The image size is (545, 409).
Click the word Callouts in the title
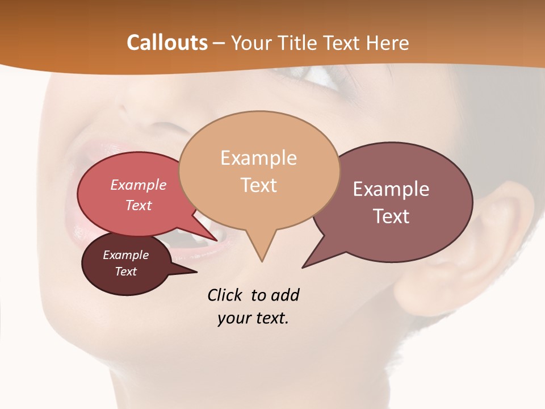(167, 43)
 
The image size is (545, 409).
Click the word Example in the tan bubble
(258, 158)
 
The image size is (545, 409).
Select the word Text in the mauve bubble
(391, 216)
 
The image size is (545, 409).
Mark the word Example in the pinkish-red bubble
(138, 185)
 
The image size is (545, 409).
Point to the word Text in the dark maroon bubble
(125, 271)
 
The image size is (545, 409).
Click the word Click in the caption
(225, 295)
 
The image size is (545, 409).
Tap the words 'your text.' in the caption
(253, 318)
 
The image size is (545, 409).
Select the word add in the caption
(285, 295)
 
